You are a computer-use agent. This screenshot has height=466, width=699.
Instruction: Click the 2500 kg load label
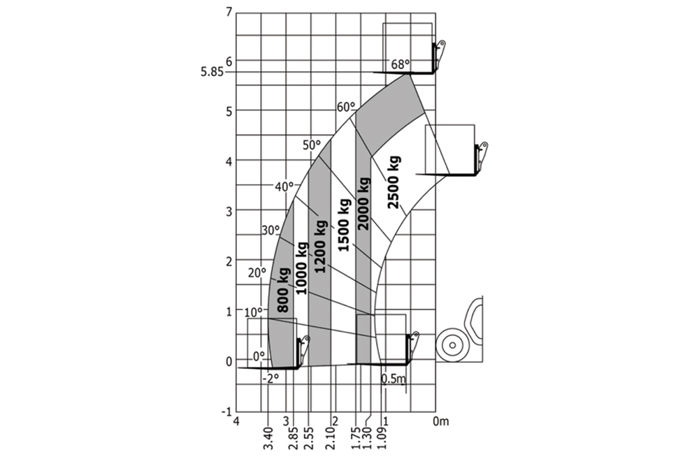tap(394, 182)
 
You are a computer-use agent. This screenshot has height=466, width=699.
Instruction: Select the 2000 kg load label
tap(363, 204)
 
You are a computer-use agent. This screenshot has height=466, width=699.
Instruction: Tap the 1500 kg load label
tap(343, 225)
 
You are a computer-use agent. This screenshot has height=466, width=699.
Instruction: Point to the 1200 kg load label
tap(321, 247)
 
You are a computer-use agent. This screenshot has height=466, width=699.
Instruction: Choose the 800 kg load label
tap(283, 289)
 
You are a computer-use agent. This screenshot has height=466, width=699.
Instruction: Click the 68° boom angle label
tap(400, 64)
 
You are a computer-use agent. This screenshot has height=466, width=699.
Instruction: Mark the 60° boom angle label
tap(346, 107)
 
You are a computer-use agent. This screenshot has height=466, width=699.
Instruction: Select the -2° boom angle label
tap(271, 378)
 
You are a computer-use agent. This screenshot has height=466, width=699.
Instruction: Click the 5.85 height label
tap(212, 71)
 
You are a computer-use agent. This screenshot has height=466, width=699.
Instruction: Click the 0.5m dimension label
tap(393, 379)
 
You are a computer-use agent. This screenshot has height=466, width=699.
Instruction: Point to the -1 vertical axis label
tap(226, 412)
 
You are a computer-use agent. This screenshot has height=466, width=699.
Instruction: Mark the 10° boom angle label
tap(253, 311)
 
